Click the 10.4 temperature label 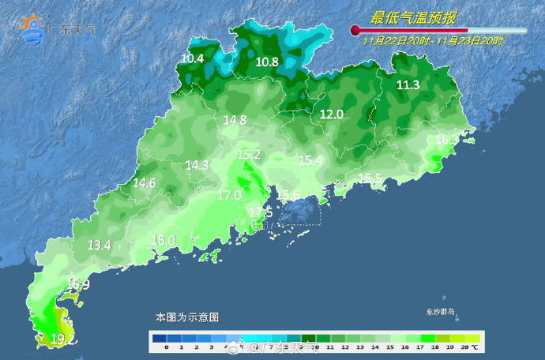coord(192,58)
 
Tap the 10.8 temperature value coord(267,62)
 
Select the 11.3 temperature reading coord(408,85)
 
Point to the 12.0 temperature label coord(331,114)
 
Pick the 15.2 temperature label coord(249,155)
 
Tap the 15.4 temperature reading coord(310,160)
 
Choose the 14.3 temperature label coord(197,166)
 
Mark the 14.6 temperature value coord(144,183)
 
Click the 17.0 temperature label coord(229,195)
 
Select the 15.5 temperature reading coord(370,178)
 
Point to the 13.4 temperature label coord(99,246)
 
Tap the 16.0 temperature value coord(163,240)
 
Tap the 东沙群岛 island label coord(442,311)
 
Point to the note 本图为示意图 coord(186,317)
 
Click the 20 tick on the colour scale coord(465,347)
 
